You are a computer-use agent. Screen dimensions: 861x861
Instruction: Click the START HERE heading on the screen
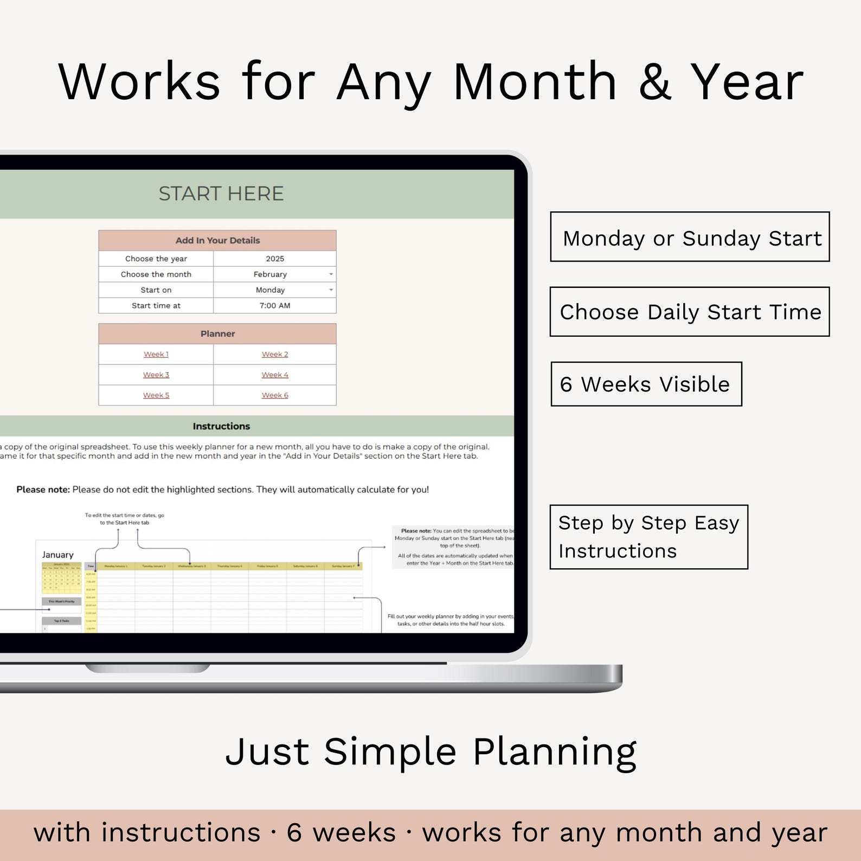click(x=221, y=194)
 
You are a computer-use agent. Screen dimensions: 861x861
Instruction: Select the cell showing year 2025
click(x=275, y=259)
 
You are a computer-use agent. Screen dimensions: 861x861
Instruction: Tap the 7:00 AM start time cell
click(x=275, y=306)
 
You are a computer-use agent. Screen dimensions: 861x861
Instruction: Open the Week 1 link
click(x=156, y=355)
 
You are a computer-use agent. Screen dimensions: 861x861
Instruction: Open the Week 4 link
click(x=275, y=375)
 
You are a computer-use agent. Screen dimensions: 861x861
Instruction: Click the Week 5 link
click(x=156, y=396)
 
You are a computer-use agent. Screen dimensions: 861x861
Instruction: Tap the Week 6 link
click(x=275, y=396)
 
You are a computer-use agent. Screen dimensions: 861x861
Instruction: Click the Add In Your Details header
click(x=217, y=241)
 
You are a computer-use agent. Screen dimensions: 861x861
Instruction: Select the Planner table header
click(x=217, y=334)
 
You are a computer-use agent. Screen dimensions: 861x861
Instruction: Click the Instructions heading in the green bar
click(x=221, y=427)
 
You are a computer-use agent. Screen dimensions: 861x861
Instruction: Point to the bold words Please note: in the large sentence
click(x=43, y=490)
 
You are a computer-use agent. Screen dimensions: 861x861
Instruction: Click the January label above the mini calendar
click(x=58, y=555)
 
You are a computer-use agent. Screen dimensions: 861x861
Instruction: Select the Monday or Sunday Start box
click(x=690, y=237)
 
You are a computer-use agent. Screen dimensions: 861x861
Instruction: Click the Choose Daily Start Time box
click(x=690, y=312)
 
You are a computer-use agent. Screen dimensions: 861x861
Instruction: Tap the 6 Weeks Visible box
click(x=646, y=384)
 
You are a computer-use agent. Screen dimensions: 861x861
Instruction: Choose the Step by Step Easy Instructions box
click(x=648, y=537)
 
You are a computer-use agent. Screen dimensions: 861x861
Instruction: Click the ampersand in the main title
click(x=654, y=82)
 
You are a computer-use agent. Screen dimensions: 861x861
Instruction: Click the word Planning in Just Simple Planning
click(x=554, y=752)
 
